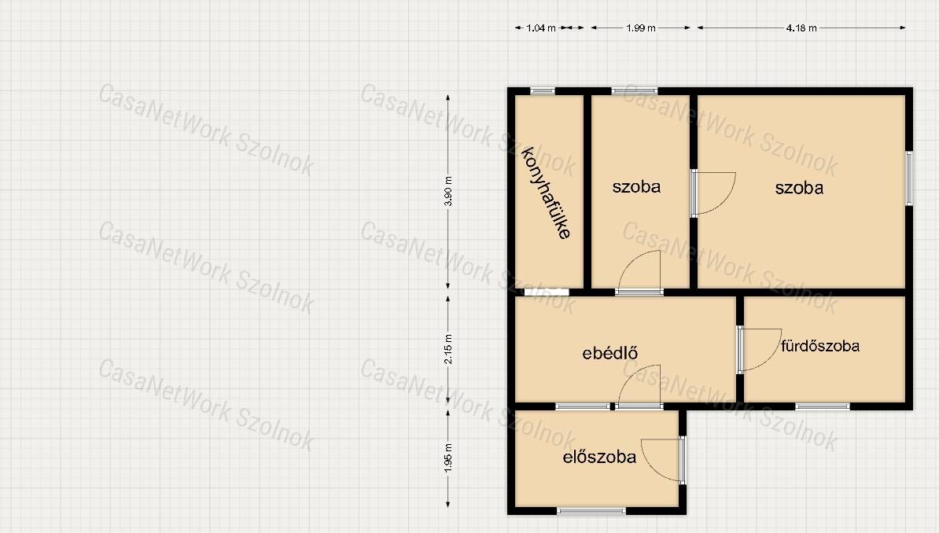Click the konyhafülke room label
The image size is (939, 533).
(546, 193)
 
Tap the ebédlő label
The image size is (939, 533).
(609, 353)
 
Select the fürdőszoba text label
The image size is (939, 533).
(819, 346)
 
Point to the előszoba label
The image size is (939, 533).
(598, 457)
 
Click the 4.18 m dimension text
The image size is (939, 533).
(801, 28)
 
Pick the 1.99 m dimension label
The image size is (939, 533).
(641, 28)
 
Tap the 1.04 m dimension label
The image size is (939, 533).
(541, 28)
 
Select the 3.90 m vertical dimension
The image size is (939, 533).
(448, 192)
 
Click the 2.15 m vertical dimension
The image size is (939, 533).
(448, 350)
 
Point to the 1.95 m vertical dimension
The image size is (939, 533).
(448, 458)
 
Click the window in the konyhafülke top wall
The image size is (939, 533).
(543, 91)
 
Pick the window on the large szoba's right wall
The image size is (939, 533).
(909, 178)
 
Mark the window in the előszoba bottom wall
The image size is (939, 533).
(591, 511)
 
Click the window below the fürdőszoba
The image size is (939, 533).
(823, 406)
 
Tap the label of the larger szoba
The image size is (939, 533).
(799, 187)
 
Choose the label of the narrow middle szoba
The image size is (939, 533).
(636, 186)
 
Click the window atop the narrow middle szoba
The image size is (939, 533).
(634, 91)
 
